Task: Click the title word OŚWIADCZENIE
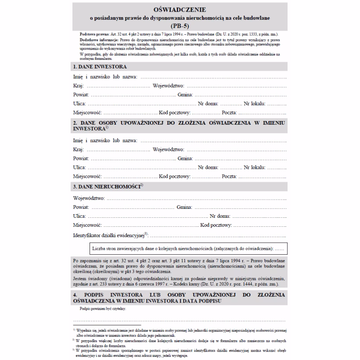180,9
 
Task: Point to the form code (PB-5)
180,26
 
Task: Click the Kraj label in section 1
77,85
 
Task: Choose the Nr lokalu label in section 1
253,103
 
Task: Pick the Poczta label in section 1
229,112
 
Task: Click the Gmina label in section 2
185,158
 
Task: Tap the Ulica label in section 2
79,167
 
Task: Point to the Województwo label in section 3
89,198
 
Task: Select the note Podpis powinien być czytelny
103,309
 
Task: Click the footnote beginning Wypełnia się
180,333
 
